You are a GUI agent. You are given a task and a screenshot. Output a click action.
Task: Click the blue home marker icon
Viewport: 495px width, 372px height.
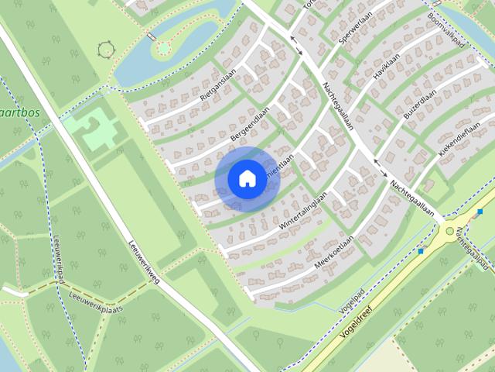(x=247, y=178)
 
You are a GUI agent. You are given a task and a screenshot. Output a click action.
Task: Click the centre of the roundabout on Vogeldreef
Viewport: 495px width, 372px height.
(x=449, y=231)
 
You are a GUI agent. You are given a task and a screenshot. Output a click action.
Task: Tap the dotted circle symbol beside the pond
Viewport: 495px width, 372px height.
(x=105, y=50)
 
